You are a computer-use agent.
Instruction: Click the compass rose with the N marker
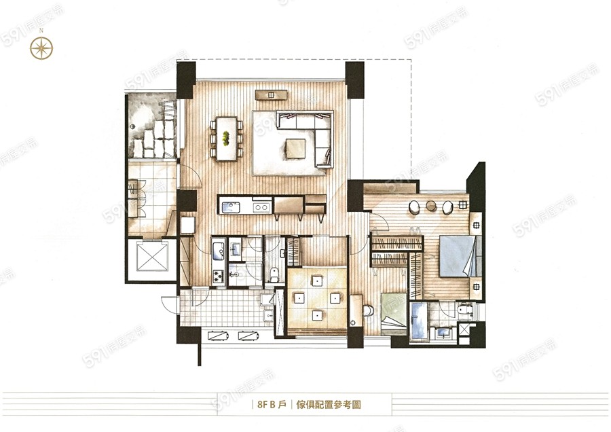coord(41,48)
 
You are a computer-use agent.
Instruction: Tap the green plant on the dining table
coord(225,138)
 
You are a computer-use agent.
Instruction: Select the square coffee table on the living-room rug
coord(296,149)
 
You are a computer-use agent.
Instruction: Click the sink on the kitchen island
coord(231,207)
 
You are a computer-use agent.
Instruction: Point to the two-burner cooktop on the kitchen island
coord(261,207)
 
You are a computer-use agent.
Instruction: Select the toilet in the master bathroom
coord(465,310)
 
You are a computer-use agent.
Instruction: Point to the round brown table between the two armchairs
coord(431,206)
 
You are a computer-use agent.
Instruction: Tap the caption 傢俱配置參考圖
coord(329,404)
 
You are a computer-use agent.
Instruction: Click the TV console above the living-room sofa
coord(271,94)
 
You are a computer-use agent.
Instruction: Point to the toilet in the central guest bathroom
coord(274,274)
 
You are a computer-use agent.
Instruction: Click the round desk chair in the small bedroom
coord(368,310)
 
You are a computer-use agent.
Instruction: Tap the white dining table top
coord(226,139)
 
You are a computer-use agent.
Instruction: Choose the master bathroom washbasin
coord(442,333)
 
